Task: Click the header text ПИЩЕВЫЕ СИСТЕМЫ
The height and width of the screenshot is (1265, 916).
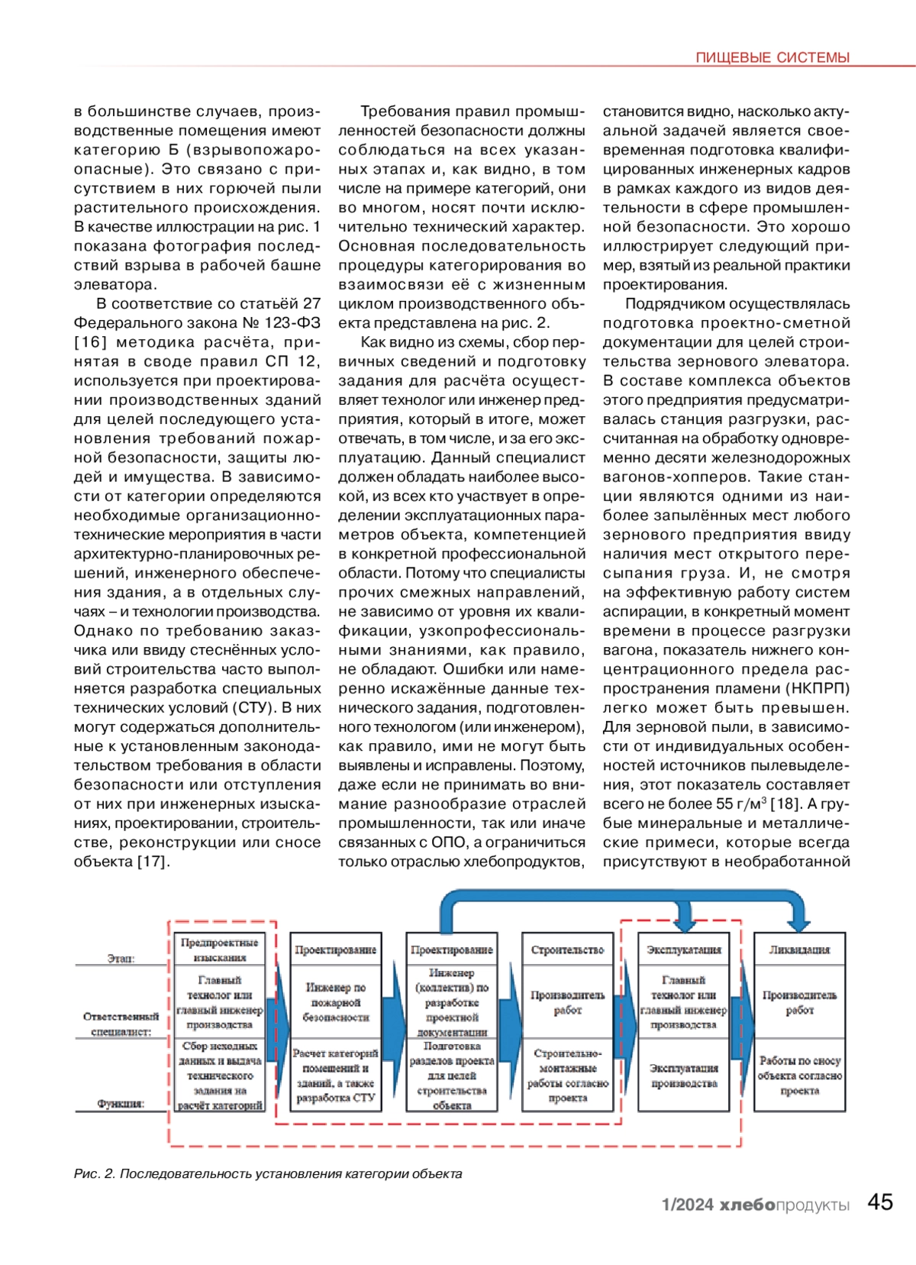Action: coord(772,57)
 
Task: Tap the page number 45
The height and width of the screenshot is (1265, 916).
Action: coord(880,1202)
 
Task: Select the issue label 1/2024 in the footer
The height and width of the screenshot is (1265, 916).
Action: coord(687,1205)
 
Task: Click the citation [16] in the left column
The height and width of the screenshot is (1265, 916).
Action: coord(90,342)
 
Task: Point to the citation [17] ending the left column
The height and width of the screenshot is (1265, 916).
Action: coord(153,862)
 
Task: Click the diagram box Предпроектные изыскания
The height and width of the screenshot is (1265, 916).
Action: coord(220,950)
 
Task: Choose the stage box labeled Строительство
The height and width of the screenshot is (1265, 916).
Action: coord(567,950)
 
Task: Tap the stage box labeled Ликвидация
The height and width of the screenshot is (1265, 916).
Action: coord(799,950)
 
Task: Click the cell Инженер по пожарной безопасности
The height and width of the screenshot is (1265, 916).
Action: coord(336,1002)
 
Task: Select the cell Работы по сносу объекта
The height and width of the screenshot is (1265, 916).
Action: coord(799,1076)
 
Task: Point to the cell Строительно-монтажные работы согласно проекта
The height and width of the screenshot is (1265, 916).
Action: coord(567,1076)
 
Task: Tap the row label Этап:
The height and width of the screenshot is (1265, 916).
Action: coord(121,958)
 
